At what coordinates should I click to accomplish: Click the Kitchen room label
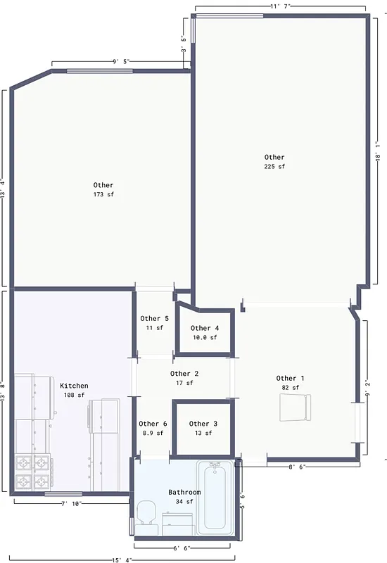(74, 386)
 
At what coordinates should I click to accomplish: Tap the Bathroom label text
(184, 492)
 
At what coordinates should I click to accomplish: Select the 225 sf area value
(274, 167)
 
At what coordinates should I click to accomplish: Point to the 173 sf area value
(103, 194)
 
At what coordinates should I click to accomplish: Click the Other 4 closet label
(205, 328)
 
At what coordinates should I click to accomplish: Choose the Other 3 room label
(204, 424)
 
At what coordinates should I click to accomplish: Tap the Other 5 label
(155, 319)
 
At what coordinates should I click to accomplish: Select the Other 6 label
(153, 424)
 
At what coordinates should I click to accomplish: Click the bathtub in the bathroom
(214, 496)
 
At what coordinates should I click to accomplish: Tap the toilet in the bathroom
(146, 512)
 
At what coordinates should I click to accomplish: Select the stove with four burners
(32, 472)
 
